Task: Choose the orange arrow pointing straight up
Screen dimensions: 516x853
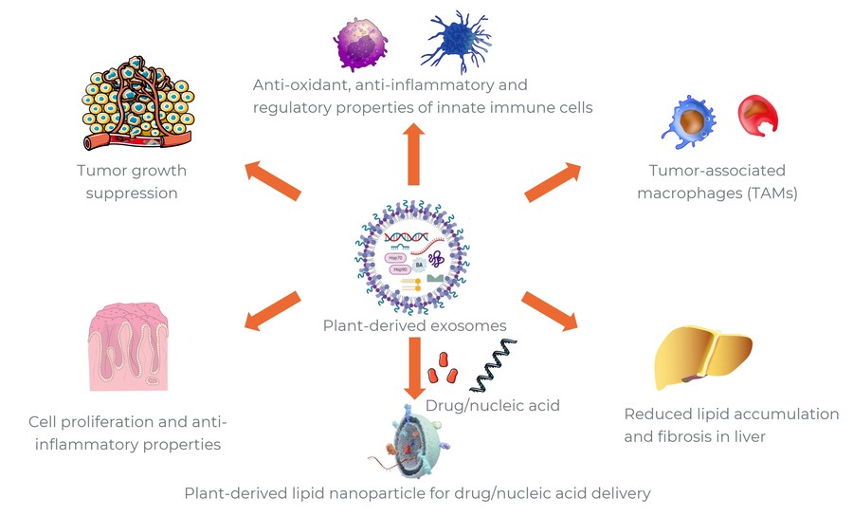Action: click(413, 154)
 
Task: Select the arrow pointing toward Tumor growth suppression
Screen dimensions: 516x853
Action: click(274, 180)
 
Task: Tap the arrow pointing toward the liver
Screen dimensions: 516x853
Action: click(550, 312)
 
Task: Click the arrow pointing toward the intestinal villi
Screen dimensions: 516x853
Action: click(273, 312)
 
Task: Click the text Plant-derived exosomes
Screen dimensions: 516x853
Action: click(414, 326)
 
